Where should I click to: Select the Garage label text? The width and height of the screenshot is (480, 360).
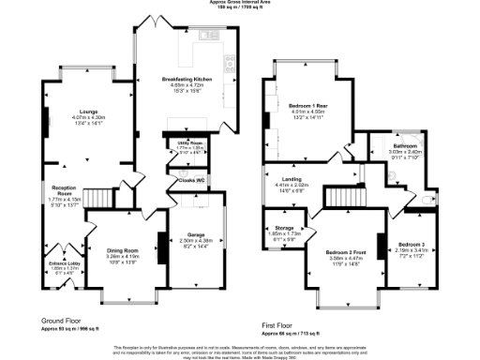196,235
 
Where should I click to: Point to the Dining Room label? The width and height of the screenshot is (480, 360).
123,250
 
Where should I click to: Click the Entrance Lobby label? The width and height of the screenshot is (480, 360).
66,265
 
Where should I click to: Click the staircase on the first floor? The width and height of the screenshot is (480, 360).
342,197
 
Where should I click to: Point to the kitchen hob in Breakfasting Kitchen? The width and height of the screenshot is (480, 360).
228,63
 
